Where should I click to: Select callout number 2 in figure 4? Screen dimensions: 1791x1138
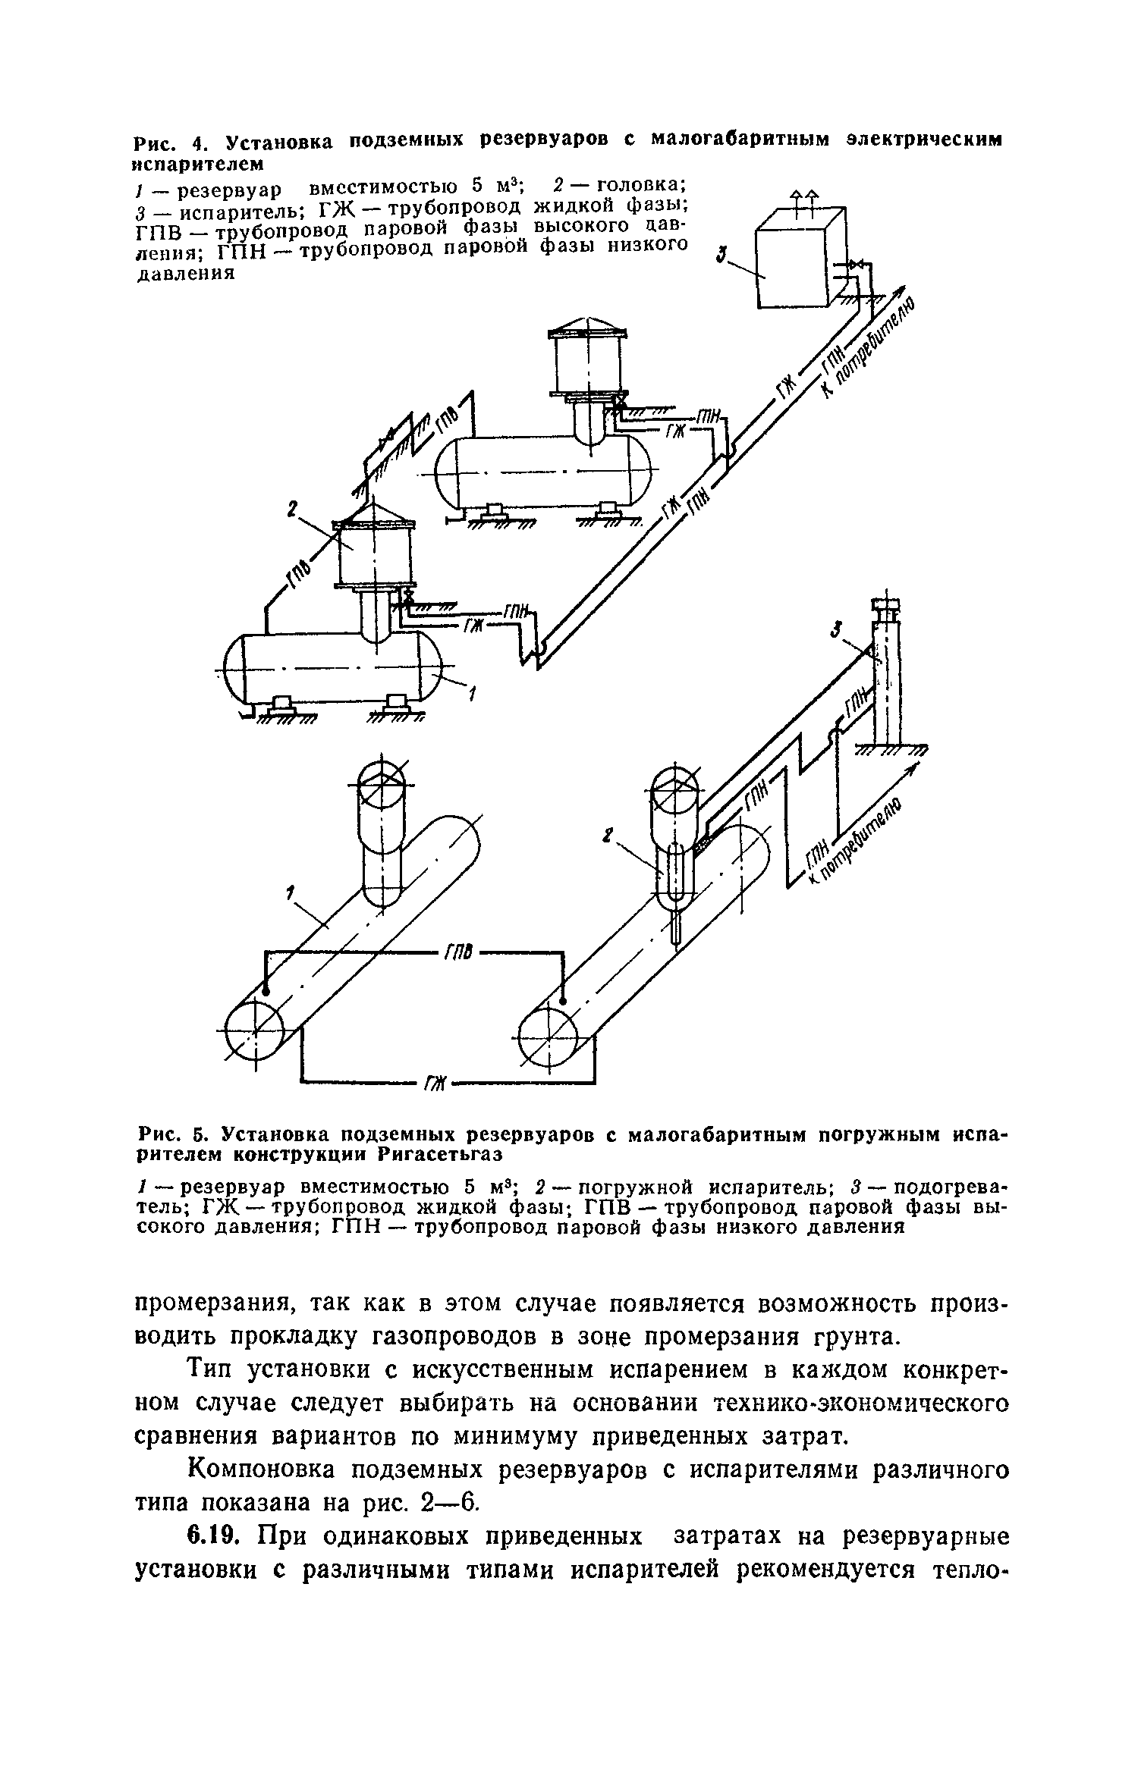point(291,512)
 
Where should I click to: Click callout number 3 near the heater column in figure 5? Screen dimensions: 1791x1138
point(836,629)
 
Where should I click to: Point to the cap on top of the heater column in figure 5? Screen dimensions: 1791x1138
point(886,605)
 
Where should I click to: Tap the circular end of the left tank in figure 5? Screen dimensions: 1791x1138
point(256,1033)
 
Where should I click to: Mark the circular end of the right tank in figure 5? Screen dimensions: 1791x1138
point(548,1034)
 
